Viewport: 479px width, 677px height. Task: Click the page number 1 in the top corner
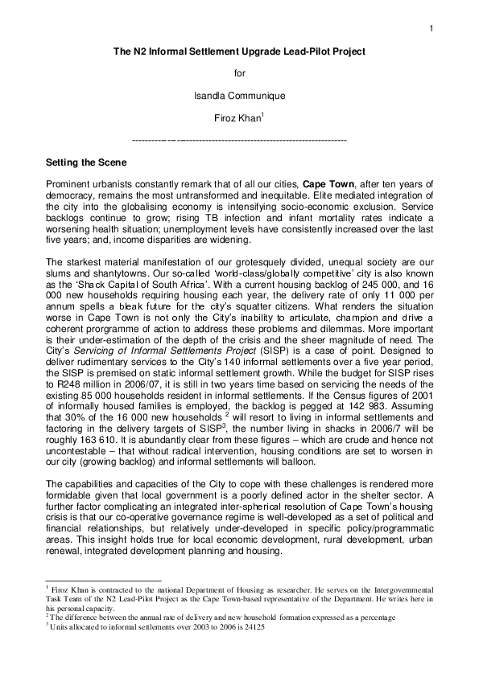click(432, 30)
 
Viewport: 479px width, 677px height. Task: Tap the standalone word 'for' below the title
click(239, 73)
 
